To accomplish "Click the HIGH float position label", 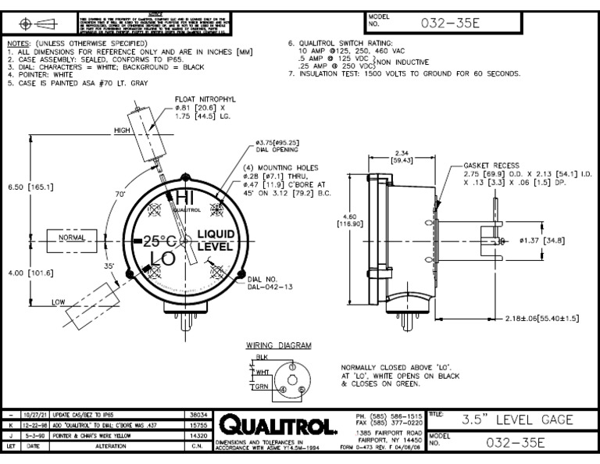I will [123, 131].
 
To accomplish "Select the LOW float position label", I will [59, 301].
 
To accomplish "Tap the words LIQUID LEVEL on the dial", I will [215, 240].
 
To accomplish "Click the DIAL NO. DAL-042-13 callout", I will [270, 283].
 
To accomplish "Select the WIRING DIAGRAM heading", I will [279, 344].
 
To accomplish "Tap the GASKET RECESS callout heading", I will [490, 166].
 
